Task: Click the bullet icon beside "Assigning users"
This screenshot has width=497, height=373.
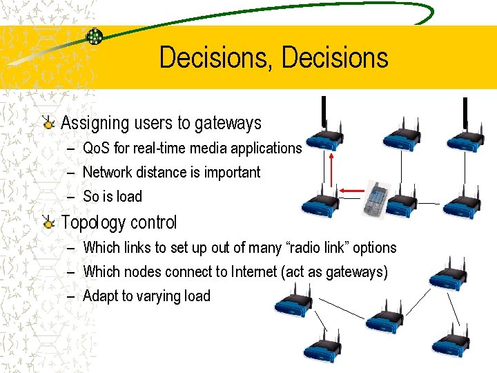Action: (x=48, y=124)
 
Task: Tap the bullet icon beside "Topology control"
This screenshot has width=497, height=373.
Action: (x=48, y=222)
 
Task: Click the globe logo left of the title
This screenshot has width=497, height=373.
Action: (x=95, y=37)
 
